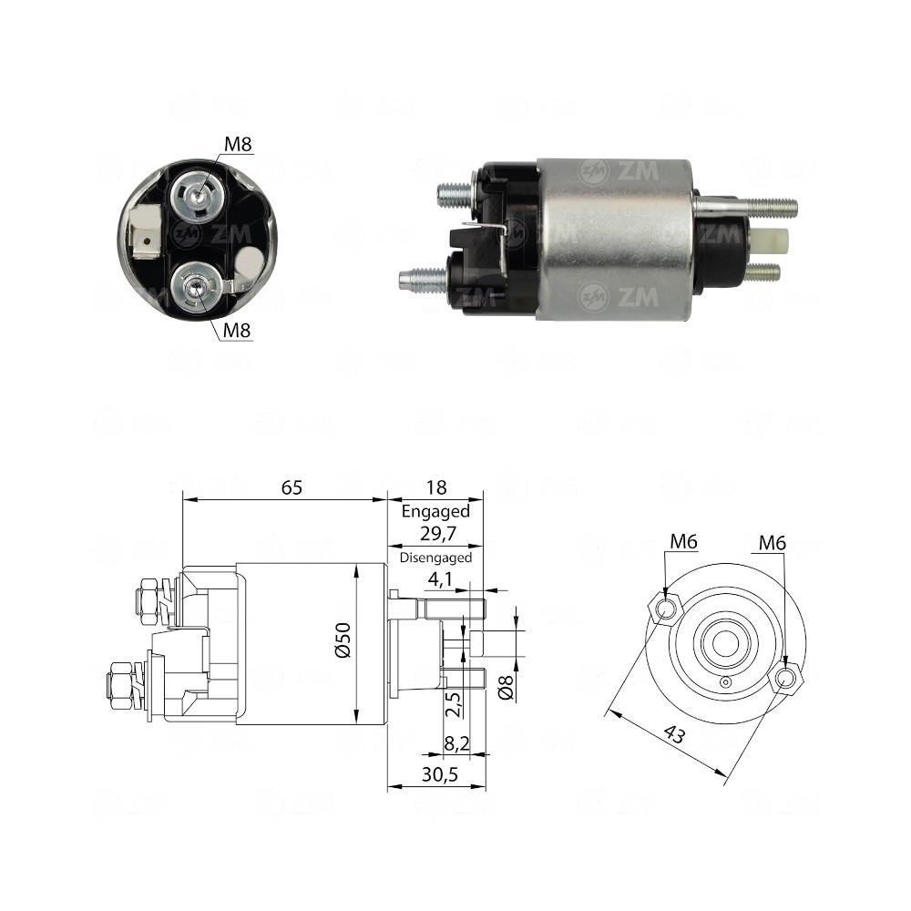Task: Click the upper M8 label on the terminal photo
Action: point(238,145)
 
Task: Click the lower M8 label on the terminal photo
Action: point(237,331)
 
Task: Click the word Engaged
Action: point(435,512)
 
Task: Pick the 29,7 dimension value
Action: point(435,536)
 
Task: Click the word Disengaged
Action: point(435,558)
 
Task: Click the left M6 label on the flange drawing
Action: point(683,543)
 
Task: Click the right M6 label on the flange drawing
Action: point(772,544)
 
